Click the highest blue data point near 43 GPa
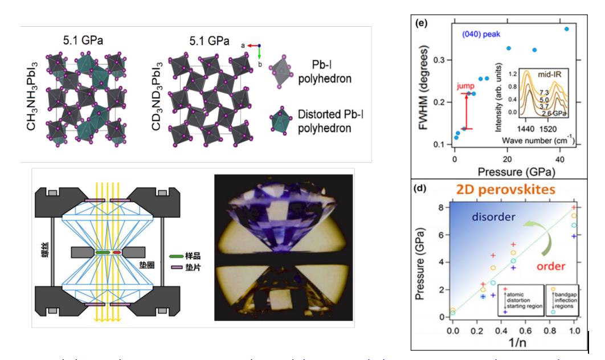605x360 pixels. (566, 28)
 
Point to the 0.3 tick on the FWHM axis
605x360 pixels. (439, 60)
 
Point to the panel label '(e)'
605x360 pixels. (422, 23)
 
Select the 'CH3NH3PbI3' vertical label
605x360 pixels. (32, 98)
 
